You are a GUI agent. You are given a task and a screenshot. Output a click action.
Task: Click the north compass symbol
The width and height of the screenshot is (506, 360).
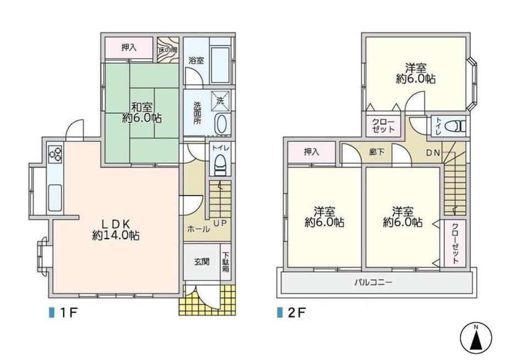[476, 339]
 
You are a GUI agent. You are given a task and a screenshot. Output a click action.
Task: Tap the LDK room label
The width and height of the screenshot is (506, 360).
[116, 229]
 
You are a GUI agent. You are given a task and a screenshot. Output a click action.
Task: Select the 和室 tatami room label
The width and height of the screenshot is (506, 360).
[142, 112]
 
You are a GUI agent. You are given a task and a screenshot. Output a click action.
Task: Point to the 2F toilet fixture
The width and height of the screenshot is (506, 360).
[456, 126]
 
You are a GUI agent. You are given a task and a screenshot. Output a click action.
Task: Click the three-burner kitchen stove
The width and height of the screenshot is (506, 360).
[55, 153]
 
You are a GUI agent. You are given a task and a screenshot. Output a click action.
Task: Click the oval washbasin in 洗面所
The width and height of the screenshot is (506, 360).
[221, 124]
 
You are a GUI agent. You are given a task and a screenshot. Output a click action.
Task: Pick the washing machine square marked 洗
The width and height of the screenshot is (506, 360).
[221, 101]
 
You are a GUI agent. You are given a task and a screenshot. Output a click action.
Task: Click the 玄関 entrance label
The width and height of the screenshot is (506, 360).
[202, 262]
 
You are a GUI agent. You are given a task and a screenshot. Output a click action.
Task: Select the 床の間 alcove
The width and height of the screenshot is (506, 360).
[168, 50]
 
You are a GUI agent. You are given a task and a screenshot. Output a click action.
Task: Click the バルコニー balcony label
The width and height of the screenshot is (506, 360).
[373, 283]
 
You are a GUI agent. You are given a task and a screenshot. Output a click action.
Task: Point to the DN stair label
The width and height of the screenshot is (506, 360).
[433, 153]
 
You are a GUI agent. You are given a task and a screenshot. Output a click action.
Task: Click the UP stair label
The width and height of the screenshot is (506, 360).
[221, 223]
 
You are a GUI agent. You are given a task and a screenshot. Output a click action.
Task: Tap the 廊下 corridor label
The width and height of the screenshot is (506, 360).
[377, 152]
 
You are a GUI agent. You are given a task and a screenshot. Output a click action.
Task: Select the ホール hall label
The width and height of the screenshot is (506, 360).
[198, 229]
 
